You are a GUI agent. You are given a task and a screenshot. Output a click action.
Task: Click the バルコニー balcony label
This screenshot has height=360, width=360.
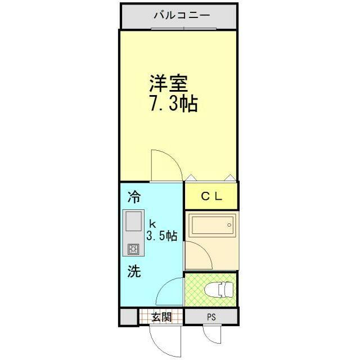[182, 15]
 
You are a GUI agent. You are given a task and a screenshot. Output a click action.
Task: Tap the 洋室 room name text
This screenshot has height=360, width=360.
[169, 83]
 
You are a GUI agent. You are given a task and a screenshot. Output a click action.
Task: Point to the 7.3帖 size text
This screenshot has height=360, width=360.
[174, 103]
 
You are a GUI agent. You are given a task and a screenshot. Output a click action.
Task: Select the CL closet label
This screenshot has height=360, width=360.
[211, 196]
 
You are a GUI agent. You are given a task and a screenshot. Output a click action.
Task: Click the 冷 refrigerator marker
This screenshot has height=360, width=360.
[134, 197]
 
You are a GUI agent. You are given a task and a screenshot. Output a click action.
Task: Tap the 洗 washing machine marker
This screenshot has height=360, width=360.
[134, 271]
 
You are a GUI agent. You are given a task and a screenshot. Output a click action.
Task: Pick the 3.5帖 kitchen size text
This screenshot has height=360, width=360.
[162, 235]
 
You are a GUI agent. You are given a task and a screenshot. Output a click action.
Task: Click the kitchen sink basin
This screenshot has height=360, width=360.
[133, 221]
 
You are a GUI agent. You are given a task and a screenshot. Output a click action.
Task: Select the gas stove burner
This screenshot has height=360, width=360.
[133, 249]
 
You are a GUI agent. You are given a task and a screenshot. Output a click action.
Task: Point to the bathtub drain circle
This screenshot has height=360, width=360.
[229, 225]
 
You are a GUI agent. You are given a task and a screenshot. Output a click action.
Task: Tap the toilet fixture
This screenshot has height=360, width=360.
[219, 289]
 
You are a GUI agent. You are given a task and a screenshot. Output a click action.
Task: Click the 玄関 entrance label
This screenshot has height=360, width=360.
[161, 317]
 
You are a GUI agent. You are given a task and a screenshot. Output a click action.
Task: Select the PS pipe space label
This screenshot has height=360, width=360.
[211, 317]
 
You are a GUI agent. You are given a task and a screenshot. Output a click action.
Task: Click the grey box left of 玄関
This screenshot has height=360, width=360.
[129, 317]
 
